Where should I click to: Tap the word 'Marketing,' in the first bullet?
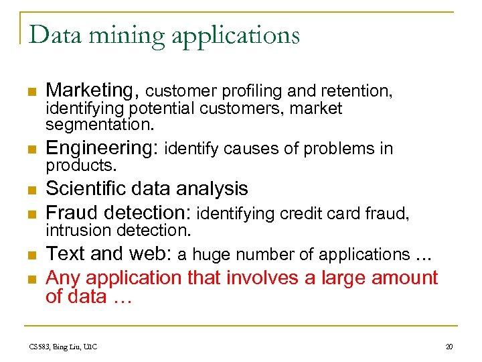point(92,90)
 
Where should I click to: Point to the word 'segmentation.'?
point(100,125)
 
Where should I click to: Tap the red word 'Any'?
point(61,278)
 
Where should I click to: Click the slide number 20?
point(449,347)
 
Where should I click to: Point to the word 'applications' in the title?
point(236,36)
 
